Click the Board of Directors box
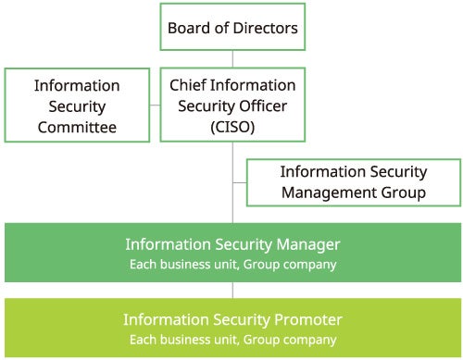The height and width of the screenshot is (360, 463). click(x=232, y=28)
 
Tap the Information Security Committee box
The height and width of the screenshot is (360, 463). click(x=77, y=106)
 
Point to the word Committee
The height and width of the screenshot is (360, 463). click(x=77, y=127)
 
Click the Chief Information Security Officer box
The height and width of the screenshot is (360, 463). click(x=232, y=106)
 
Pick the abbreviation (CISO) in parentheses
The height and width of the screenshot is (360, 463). click(x=232, y=127)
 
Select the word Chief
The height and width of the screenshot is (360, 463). click(x=190, y=85)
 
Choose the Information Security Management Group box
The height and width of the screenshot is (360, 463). click(x=353, y=182)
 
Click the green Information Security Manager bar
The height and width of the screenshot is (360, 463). click(x=232, y=253)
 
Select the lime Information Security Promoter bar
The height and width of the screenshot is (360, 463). click(x=232, y=328)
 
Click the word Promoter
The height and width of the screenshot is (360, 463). click(x=308, y=319)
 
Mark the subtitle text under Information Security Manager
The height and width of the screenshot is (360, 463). click(x=232, y=265)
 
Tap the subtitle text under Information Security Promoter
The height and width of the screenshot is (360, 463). click(x=232, y=340)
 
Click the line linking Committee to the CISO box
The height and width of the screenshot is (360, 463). click(x=155, y=106)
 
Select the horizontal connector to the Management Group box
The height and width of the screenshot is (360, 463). click(x=239, y=182)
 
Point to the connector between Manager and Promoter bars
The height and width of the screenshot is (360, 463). click(x=232, y=290)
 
